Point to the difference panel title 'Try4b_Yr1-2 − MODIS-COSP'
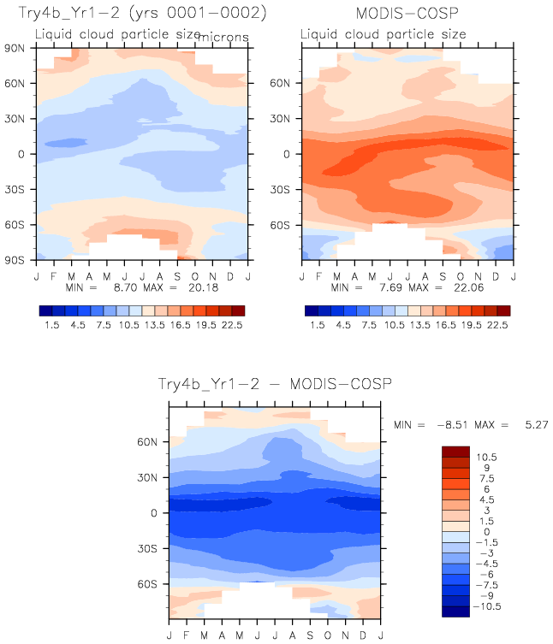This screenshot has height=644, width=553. point(274,385)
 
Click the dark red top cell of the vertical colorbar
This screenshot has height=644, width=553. point(455,451)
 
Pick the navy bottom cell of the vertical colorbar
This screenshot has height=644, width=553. point(455,611)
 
